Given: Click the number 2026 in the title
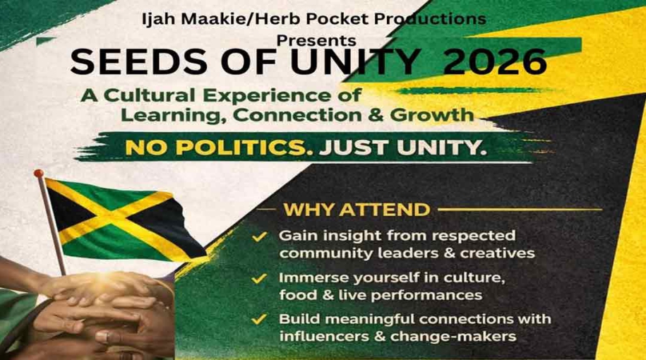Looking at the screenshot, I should tap(495, 63).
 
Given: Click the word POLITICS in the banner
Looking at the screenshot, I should tap(236, 148).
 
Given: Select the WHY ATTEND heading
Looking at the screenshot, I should tap(356, 210).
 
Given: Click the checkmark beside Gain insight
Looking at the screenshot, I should tap(260, 237).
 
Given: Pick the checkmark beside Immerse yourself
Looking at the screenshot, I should tap(260, 278).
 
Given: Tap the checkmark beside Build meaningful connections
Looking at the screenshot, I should tap(260, 320).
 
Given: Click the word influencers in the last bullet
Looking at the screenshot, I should tap(321, 336).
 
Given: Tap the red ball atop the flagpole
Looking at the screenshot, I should tap(39, 173).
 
